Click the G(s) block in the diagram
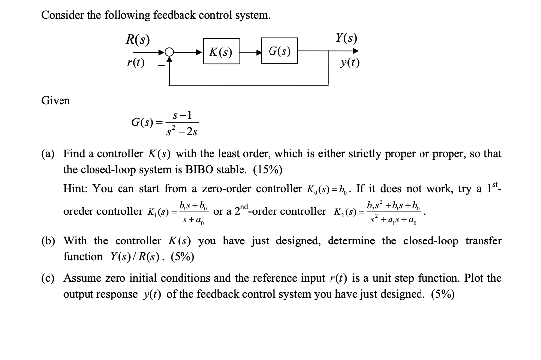[x=279, y=50]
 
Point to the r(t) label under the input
[x=136, y=63]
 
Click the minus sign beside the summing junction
[x=159, y=64]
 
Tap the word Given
[x=56, y=101]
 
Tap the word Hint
[x=76, y=189]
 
